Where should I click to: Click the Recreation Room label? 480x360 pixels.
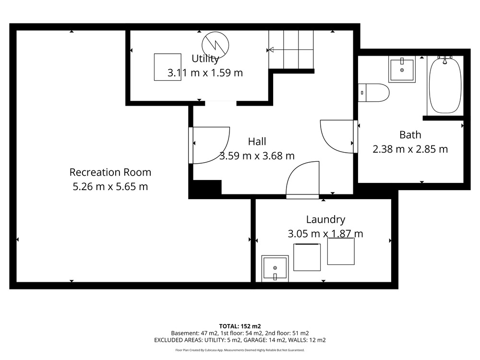(110, 172)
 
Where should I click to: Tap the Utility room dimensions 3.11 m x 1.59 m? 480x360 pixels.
(205, 73)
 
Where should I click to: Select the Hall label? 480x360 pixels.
(257, 142)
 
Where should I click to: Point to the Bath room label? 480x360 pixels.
(410, 135)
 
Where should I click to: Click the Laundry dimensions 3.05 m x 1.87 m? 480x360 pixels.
(325, 234)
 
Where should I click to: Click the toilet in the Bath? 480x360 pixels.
(373, 93)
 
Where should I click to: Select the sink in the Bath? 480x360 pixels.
(402, 69)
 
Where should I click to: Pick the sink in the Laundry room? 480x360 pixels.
(275, 269)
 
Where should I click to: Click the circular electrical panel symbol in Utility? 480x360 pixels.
(215, 45)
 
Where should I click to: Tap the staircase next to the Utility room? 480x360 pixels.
(291, 50)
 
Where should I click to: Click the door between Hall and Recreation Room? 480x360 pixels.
(209, 145)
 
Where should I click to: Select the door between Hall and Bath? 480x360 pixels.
(339, 136)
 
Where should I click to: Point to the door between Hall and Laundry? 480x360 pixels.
(303, 180)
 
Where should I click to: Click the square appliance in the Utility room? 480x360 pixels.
(168, 67)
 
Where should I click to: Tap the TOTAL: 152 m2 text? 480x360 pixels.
(240, 326)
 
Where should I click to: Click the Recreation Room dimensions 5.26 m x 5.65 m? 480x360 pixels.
(110, 186)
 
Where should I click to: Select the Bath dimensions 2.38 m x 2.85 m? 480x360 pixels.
(410, 149)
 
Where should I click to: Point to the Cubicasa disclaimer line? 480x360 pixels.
(240, 350)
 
